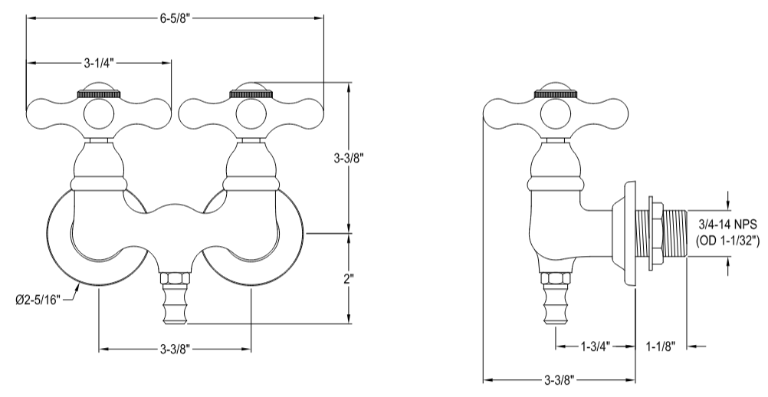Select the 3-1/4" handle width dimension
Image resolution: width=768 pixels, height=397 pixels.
click(x=99, y=62)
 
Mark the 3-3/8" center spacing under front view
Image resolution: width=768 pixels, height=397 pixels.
click(x=176, y=350)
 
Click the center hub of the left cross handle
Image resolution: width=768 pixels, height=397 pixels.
click(x=98, y=114)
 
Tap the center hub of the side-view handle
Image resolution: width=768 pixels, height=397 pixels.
click(x=556, y=114)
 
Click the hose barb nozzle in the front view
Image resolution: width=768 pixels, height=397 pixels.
click(x=175, y=303)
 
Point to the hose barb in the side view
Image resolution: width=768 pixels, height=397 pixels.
click(x=556, y=303)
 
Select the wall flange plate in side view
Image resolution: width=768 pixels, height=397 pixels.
click(x=631, y=234)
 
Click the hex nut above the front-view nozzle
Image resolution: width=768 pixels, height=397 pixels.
click(x=175, y=275)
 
